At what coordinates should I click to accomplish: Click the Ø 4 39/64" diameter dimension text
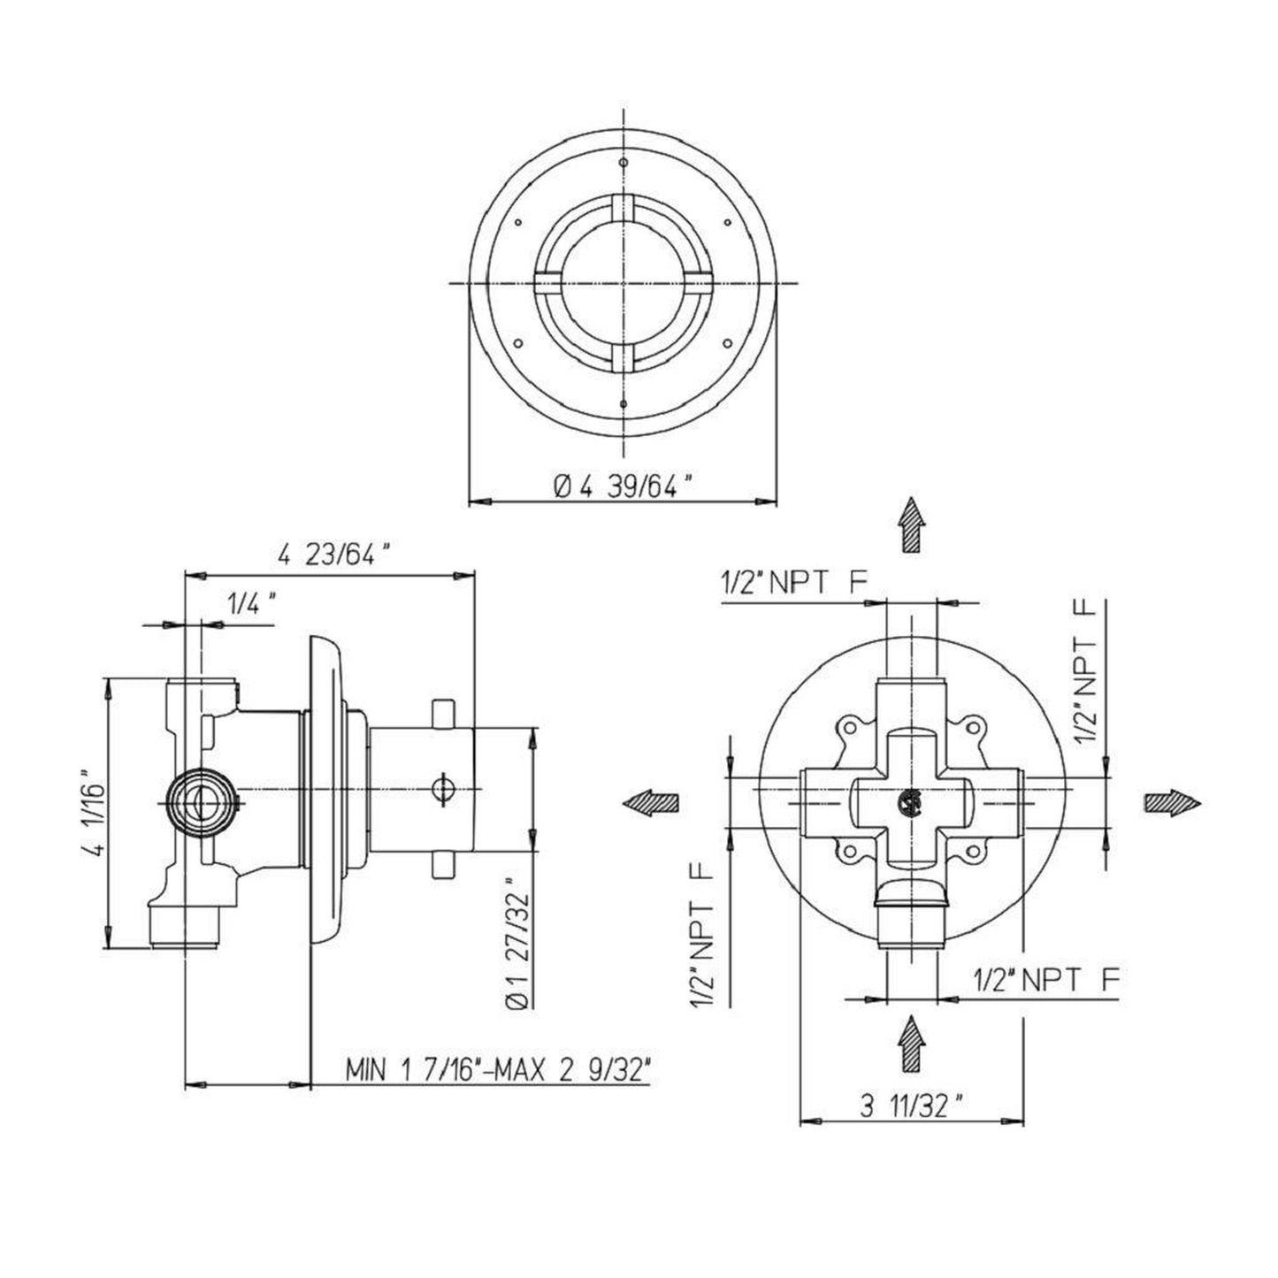pyautogui.click(x=623, y=486)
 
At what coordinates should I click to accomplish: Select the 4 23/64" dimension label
pyautogui.click(x=333, y=555)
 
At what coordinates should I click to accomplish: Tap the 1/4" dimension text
pyautogui.click(x=252, y=605)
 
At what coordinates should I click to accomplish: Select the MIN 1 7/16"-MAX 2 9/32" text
pyautogui.click(x=499, y=1070)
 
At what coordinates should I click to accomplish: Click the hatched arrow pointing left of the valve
pyautogui.click(x=650, y=802)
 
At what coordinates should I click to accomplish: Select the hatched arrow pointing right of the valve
pyautogui.click(x=1173, y=802)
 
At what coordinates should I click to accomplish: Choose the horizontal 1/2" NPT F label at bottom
pyautogui.click(x=1046, y=979)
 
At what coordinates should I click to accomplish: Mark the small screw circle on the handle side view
pyautogui.click(x=445, y=786)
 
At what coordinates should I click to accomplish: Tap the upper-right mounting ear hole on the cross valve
pyautogui.click(x=974, y=727)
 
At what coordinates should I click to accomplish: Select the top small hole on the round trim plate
pyautogui.click(x=624, y=163)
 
